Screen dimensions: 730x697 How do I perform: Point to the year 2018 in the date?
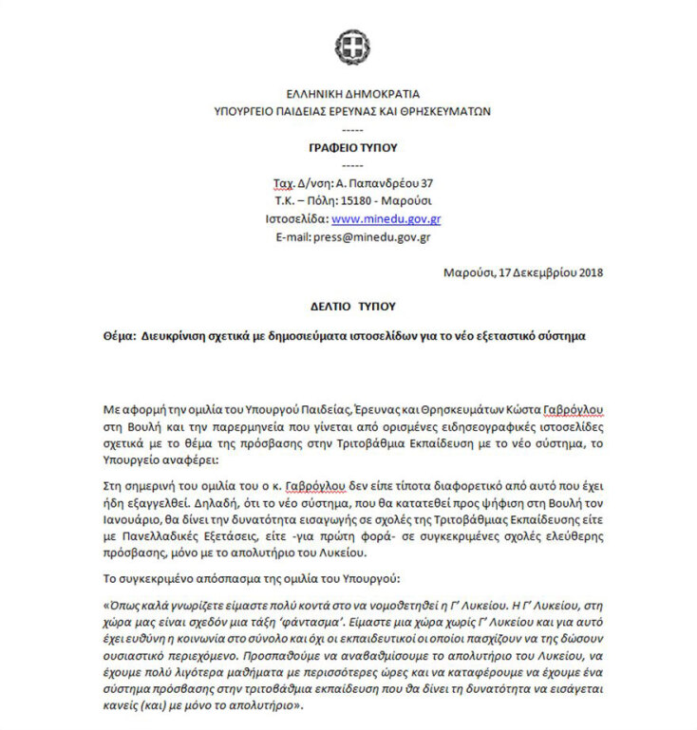click(587, 274)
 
